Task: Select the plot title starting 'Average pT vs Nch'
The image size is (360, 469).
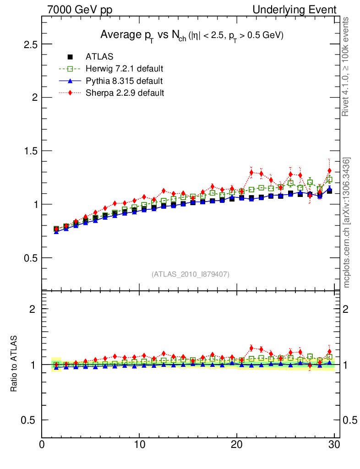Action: click(x=192, y=36)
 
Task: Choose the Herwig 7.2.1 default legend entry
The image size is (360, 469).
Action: click(x=124, y=69)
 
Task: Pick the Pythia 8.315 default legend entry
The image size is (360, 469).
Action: click(x=124, y=81)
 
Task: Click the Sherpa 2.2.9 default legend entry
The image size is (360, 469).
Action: click(x=125, y=93)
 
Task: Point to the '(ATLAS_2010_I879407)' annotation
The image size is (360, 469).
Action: click(x=191, y=274)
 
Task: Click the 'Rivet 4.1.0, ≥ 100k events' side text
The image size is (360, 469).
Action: click(x=346, y=66)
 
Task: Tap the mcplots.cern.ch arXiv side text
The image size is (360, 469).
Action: click(x=347, y=222)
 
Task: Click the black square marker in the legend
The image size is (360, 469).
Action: click(x=70, y=57)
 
